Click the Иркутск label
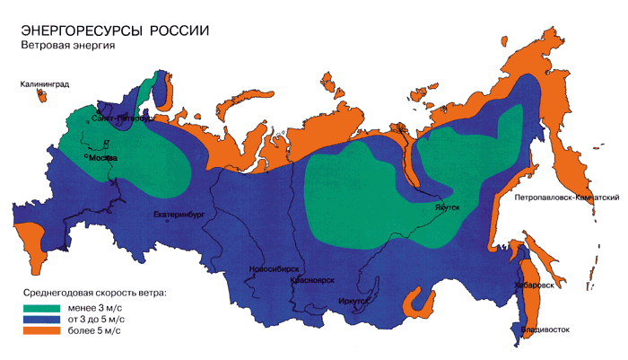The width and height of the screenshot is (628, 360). (x=355, y=302)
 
